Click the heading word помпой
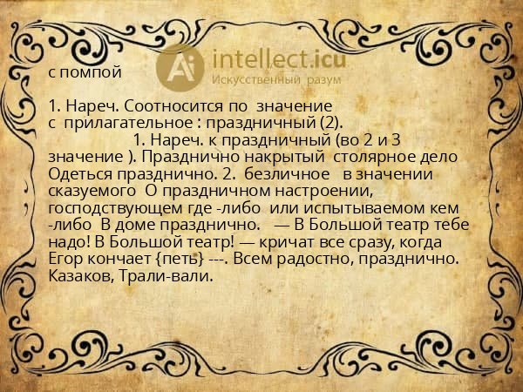pos(92,72)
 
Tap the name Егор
pos(66,259)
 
